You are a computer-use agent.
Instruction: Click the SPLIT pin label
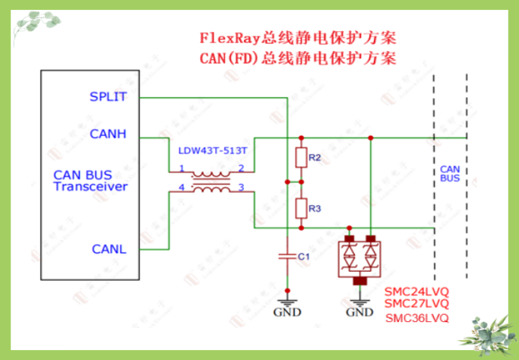pos(108,97)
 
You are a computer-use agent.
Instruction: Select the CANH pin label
pos(108,134)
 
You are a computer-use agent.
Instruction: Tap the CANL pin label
pos(109,249)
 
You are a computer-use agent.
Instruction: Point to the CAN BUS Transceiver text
pos(90,181)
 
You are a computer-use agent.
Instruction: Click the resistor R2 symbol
pos(301,157)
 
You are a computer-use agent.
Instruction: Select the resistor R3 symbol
pos(301,207)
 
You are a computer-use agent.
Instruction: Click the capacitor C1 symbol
pos(287,257)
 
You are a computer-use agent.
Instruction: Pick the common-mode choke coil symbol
pos(210,181)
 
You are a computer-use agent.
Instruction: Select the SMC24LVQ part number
pos(416,292)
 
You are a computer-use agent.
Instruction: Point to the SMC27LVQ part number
pos(416,304)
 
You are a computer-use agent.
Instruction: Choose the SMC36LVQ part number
pos(416,317)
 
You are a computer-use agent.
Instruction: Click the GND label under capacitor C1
pos(287,312)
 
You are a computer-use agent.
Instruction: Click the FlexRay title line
pos(299,37)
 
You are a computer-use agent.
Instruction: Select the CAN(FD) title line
pos(299,58)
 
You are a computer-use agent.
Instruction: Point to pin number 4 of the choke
pos(181,187)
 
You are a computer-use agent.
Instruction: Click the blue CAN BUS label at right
pos(450,173)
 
